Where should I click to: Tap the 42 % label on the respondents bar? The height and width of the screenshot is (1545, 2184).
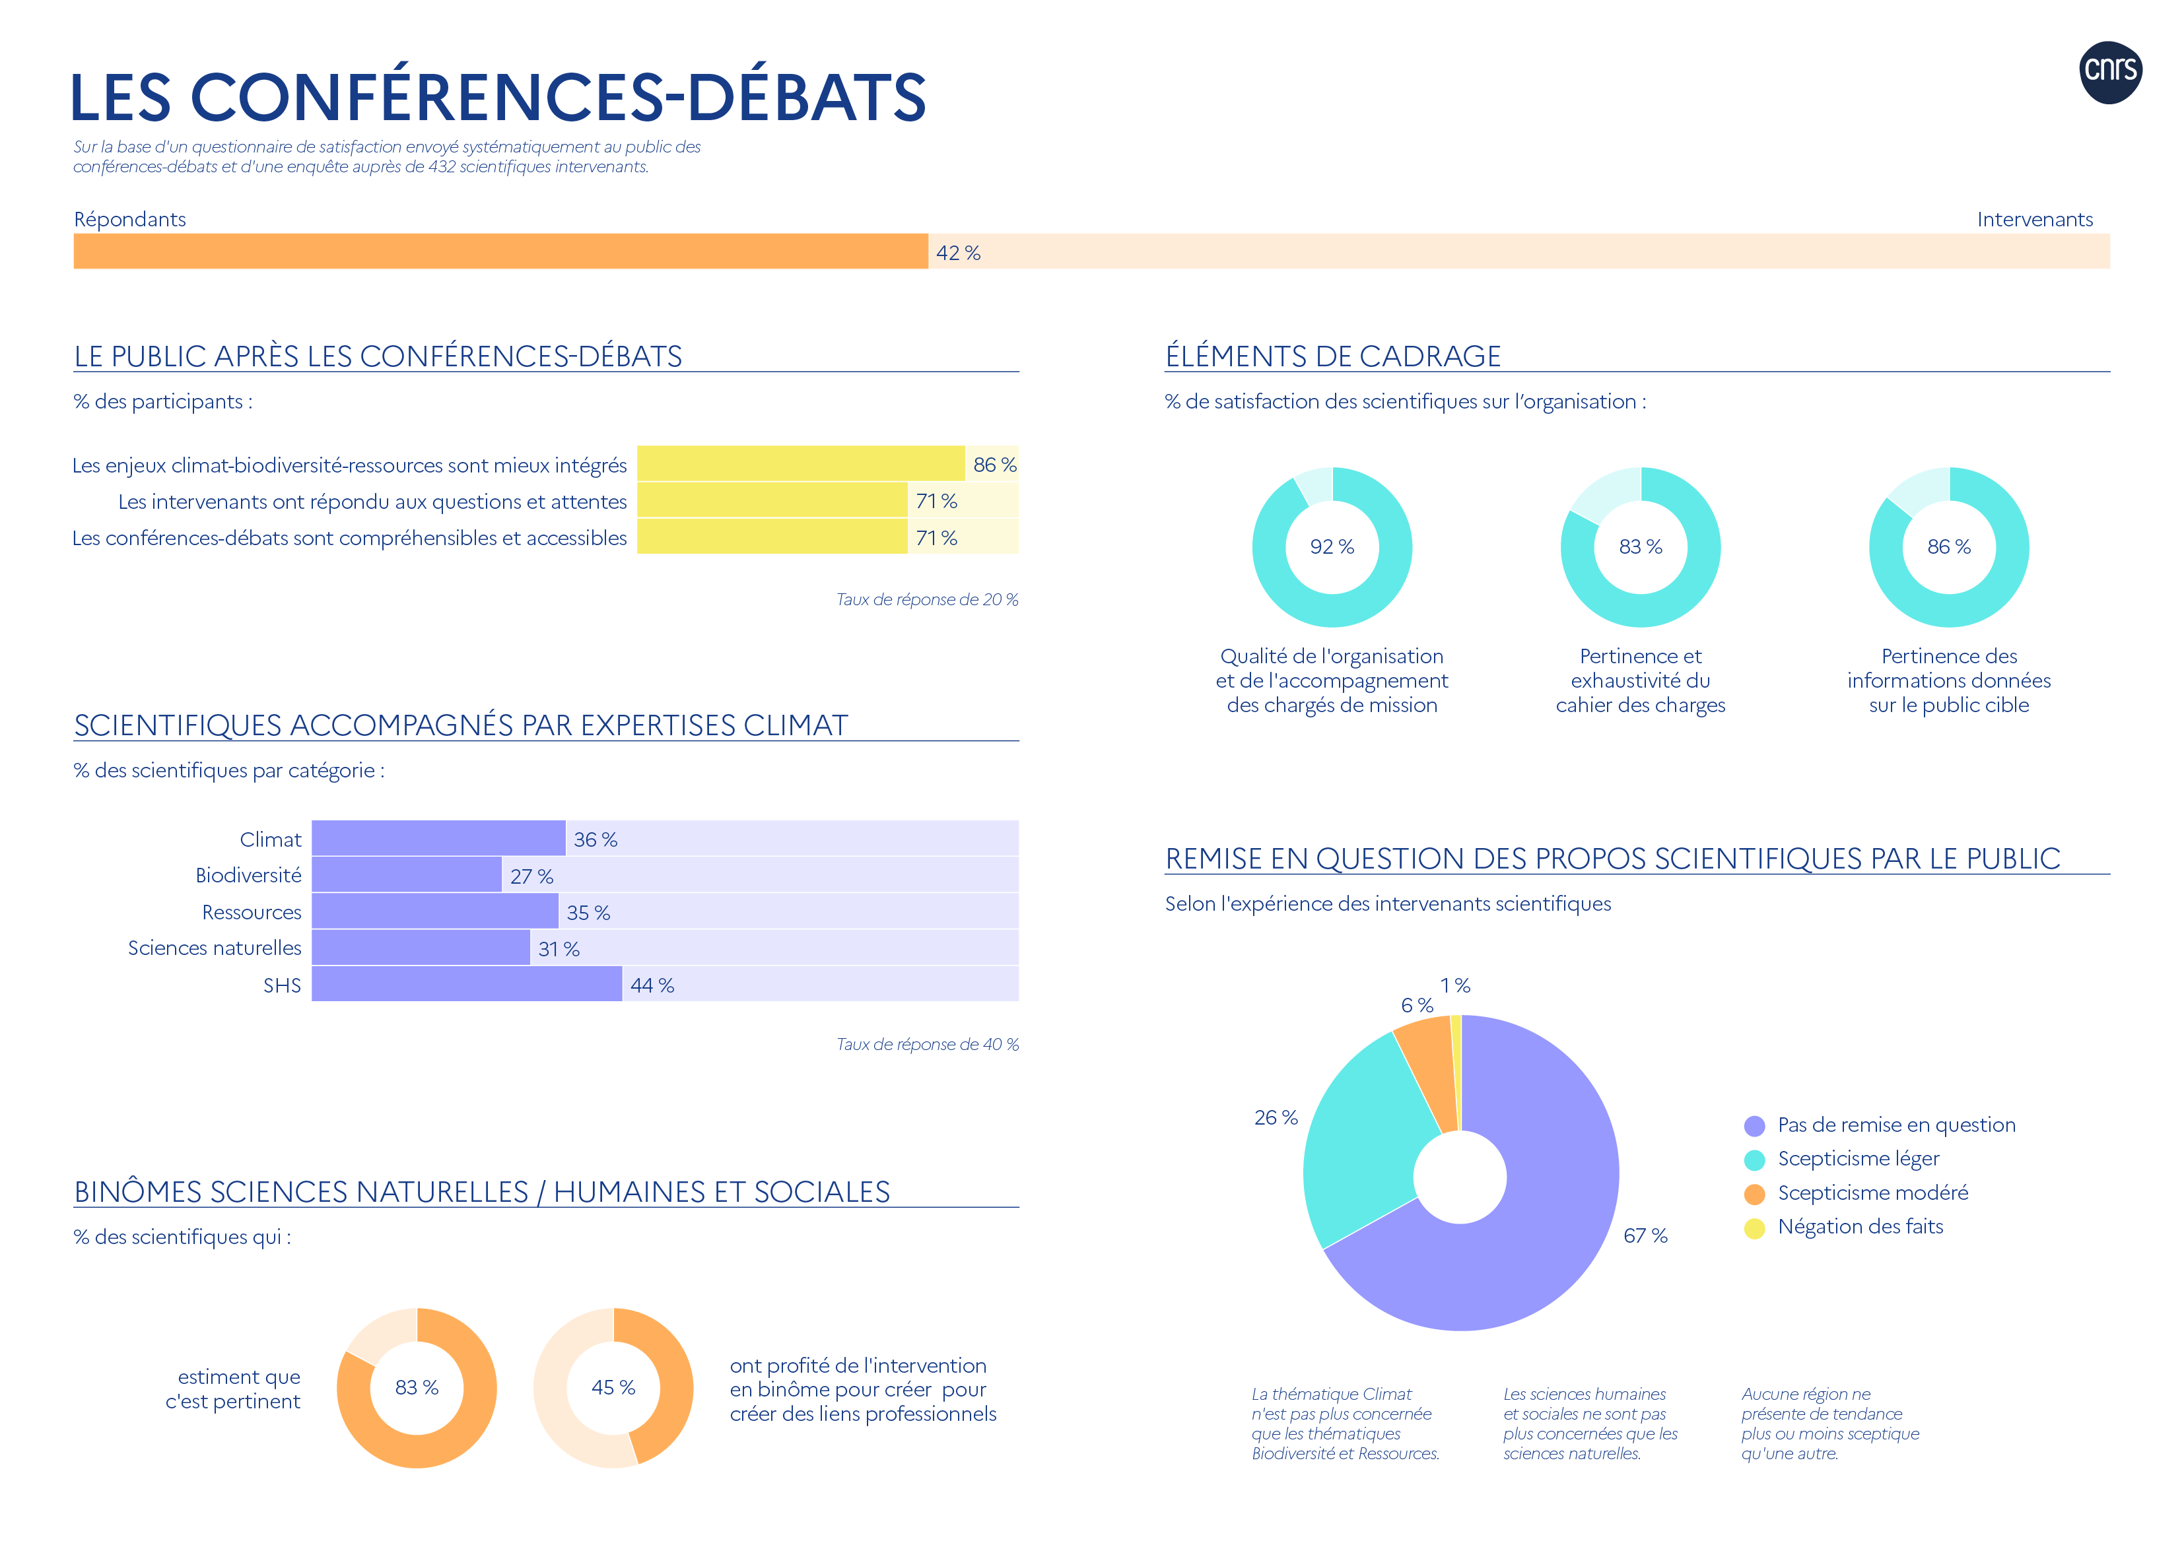pyautogui.click(x=957, y=253)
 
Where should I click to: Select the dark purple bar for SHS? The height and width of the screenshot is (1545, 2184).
pyautogui.click(x=466, y=984)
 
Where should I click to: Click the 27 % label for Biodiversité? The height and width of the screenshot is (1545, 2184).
pyautogui.click(x=531, y=876)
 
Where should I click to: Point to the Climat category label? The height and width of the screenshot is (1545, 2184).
pyautogui.click(x=270, y=839)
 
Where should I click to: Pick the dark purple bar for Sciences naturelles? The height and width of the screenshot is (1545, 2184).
pyautogui.click(x=421, y=948)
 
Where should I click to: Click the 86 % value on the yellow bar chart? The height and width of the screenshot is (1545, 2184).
pyautogui.click(x=994, y=464)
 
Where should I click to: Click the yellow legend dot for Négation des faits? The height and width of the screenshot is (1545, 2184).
pyautogui.click(x=1754, y=1228)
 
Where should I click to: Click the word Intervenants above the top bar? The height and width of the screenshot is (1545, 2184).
pyautogui.click(x=2035, y=220)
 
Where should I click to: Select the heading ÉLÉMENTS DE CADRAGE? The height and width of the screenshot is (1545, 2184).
pyautogui.click(x=1332, y=356)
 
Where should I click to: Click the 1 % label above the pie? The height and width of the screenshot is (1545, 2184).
pyautogui.click(x=1455, y=985)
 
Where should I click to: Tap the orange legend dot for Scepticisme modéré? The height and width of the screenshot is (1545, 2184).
pyautogui.click(x=1754, y=1194)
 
